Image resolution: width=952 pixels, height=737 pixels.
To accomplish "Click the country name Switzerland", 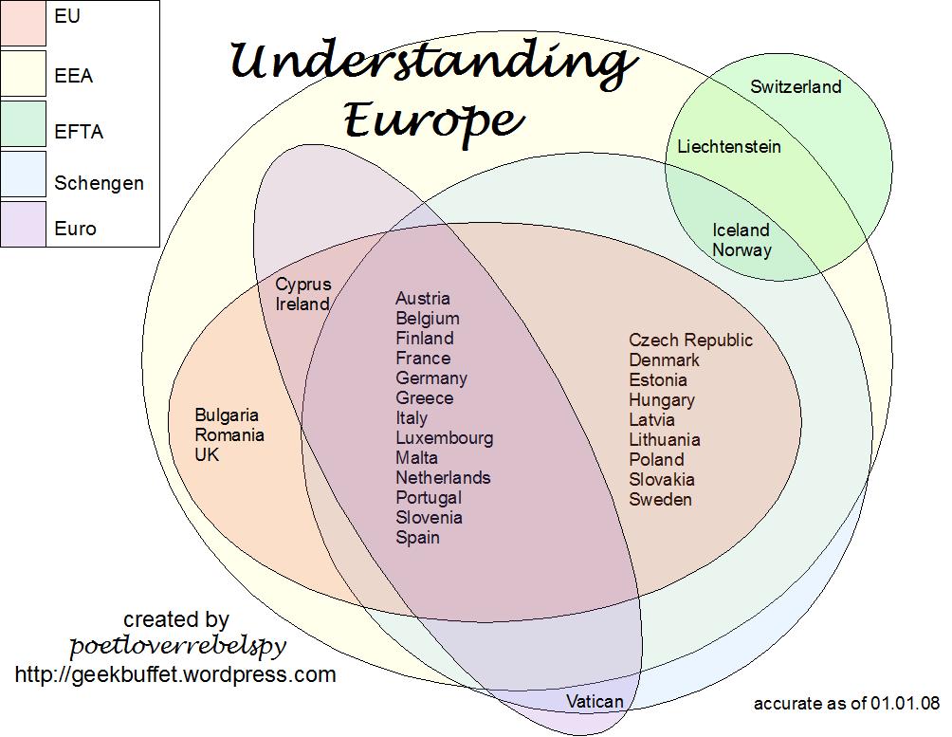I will (x=796, y=87).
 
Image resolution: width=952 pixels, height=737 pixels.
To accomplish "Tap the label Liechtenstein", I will (x=729, y=147).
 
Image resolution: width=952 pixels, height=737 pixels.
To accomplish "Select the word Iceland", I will (x=741, y=230).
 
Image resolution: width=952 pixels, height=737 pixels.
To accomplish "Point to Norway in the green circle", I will (x=741, y=250).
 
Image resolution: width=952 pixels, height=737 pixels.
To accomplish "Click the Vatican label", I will (x=595, y=702).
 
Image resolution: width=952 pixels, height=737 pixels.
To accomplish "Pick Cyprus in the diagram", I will (x=303, y=285).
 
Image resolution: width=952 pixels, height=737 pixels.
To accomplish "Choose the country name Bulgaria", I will (x=227, y=415).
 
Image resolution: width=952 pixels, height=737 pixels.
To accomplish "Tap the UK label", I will (x=207, y=455).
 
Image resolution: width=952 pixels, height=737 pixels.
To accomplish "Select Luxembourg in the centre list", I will (x=444, y=438).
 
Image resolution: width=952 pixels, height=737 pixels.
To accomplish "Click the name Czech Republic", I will (x=690, y=341).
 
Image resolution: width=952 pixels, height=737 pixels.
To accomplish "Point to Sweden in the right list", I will (x=660, y=500).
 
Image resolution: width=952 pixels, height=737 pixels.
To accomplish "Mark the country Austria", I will (x=423, y=299).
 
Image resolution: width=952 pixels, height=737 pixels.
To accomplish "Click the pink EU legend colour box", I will (x=23, y=23).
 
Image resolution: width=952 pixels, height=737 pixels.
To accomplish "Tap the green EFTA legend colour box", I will (x=23, y=124).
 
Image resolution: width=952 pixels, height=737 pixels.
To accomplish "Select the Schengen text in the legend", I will (x=99, y=183).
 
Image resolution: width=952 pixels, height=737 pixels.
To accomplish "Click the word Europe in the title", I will (x=432, y=120).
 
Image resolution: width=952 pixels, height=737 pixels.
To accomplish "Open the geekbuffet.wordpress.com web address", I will (x=175, y=675).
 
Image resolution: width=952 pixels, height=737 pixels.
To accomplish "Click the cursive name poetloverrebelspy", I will (x=177, y=647).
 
